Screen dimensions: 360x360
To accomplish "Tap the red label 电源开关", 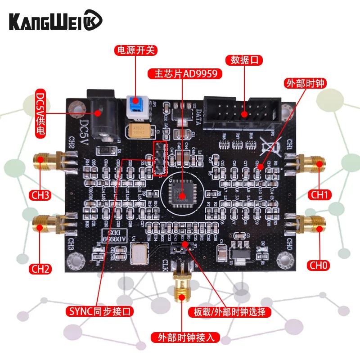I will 136,50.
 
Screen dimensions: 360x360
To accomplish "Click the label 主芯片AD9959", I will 185,73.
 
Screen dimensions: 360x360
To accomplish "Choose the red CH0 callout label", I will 319,265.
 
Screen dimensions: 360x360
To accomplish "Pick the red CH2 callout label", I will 40,269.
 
